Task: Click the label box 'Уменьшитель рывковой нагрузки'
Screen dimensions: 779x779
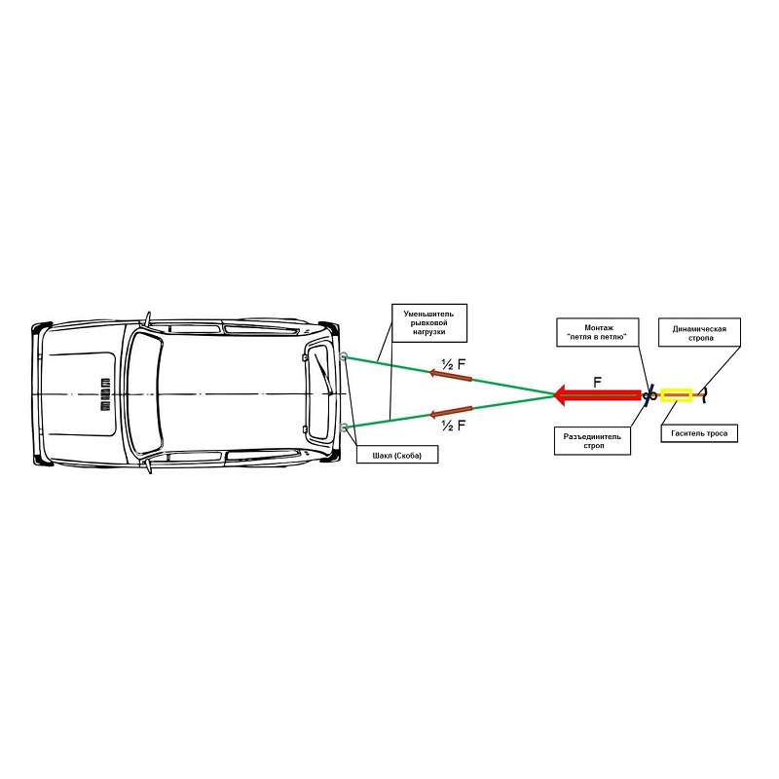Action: pos(429,323)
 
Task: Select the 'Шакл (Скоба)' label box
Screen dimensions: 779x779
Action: pos(397,455)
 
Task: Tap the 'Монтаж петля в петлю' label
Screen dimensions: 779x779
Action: pos(597,332)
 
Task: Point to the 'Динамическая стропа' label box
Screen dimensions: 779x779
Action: pos(699,332)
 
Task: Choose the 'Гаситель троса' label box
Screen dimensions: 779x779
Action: pos(699,433)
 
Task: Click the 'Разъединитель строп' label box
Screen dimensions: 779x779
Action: pos(592,441)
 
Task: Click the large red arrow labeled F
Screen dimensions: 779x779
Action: pos(597,395)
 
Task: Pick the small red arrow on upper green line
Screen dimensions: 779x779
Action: pos(451,376)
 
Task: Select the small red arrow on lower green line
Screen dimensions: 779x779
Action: pos(451,412)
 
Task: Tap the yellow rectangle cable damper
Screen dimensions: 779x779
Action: pos(677,395)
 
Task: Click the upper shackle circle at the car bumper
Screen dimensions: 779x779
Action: pos(344,356)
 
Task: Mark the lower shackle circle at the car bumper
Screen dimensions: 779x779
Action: pos(345,427)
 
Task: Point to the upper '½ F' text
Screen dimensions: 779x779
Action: pos(454,364)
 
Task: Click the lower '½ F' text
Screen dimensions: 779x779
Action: pos(454,426)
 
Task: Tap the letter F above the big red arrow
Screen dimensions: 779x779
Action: pos(598,382)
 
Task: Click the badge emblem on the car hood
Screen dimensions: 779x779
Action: pos(105,394)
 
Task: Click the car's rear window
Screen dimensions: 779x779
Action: pos(319,392)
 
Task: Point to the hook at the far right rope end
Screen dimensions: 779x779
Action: pos(703,396)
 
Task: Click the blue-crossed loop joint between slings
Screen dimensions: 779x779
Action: pos(649,395)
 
